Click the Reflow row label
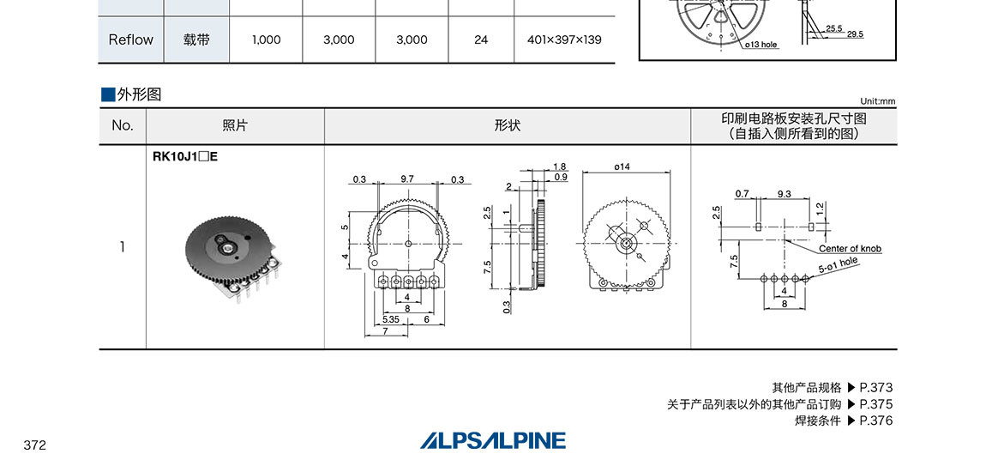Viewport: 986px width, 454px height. [131, 39]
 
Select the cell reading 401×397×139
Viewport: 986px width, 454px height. [564, 39]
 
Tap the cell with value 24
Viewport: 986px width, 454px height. [481, 39]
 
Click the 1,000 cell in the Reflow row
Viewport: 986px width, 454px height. [266, 39]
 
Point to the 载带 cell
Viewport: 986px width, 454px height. [196, 39]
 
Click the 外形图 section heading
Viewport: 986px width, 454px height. [139, 94]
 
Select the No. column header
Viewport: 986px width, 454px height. [123, 125]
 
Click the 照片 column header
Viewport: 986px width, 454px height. [235, 125]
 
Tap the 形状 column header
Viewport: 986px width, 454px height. [508, 125]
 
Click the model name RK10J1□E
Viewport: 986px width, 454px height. [185, 157]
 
